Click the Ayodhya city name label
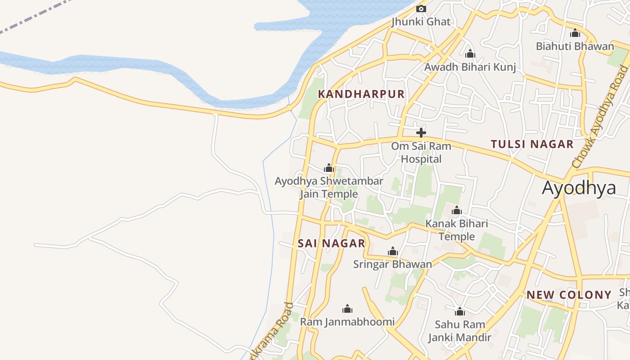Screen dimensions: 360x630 click(x=579, y=188)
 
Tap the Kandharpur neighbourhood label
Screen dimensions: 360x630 click(x=361, y=94)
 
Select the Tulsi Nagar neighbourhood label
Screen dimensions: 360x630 click(x=532, y=144)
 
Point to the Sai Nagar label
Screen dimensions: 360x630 click(x=332, y=243)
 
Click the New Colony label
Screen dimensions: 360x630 click(x=569, y=295)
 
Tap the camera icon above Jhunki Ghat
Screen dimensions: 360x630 click(x=421, y=9)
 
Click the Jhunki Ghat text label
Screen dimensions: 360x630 click(x=421, y=22)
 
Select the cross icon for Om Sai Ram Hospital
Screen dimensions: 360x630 click(x=421, y=133)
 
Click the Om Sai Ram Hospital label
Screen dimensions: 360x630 click(x=421, y=153)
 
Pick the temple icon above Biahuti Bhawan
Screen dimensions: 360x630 click(x=575, y=33)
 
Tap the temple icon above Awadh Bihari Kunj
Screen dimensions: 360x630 click(x=470, y=54)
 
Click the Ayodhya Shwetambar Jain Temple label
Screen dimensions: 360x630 click(x=329, y=187)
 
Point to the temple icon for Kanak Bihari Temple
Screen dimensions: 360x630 click(x=457, y=211)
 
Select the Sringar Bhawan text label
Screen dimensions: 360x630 click(x=392, y=264)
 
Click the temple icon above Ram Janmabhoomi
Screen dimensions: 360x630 click(x=347, y=309)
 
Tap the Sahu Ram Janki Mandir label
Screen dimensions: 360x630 click(x=459, y=331)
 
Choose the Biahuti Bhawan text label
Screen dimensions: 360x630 click(x=575, y=46)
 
